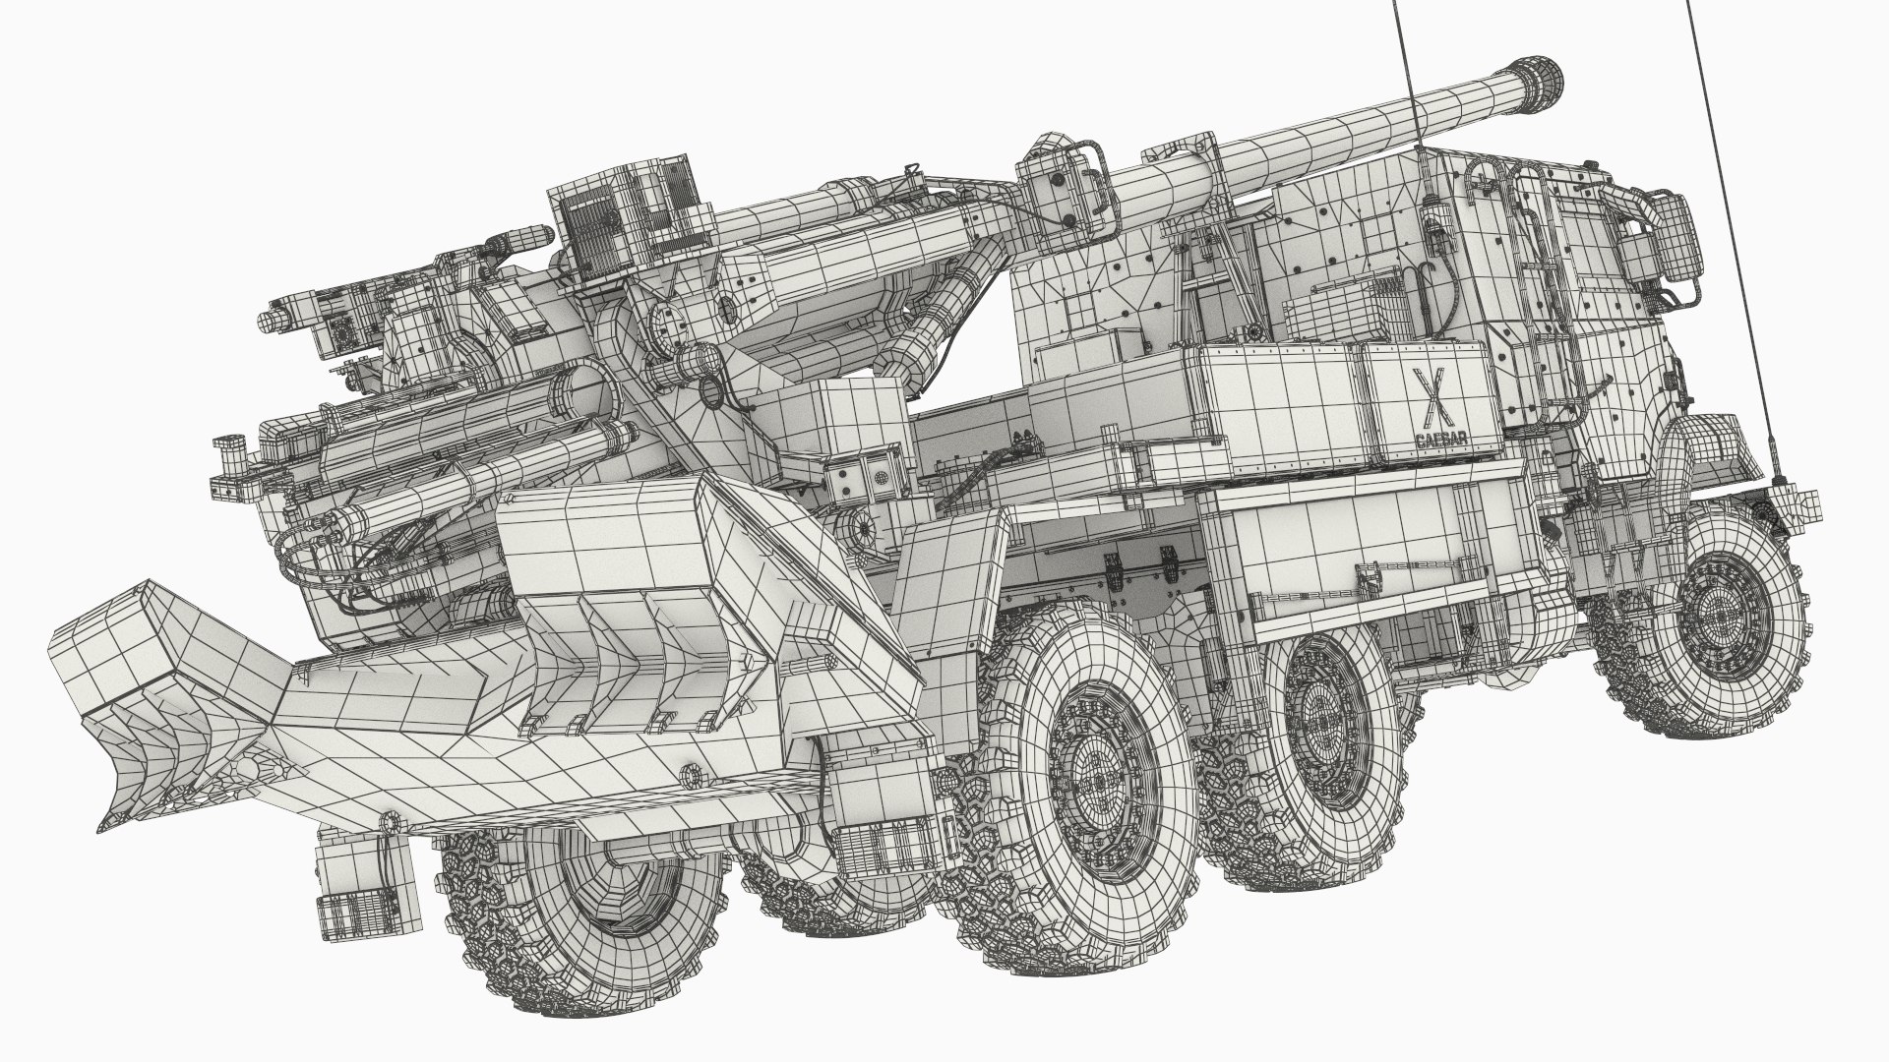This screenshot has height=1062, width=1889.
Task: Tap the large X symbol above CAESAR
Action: point(1424,384)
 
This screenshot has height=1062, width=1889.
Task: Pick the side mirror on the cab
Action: point(1678,226)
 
